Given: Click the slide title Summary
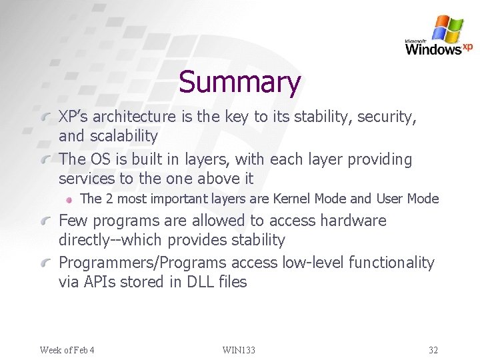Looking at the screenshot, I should [x=240, y=83].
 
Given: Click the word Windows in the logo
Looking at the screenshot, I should [x=433, y=49].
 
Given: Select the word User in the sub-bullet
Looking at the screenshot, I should [x=389, y=199].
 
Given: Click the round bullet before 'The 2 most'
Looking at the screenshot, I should [x=69, y=199].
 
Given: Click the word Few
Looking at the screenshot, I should [x=73, y=221].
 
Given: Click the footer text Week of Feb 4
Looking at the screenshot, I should [x=67, y=350].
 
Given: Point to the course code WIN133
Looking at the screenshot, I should [x=239, y=350].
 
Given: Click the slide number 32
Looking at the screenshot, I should [x=433, y=350].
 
